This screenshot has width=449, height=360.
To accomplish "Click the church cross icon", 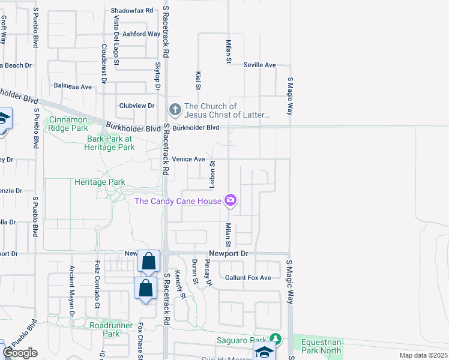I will [175, 109].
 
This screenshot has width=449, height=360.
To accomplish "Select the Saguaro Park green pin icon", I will [276, 340].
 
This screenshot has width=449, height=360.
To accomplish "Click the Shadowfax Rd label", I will [133, 11].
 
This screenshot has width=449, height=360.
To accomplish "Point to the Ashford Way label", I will [142, 34].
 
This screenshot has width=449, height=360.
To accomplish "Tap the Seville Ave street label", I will [259, 65].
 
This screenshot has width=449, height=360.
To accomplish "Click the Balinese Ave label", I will [73, 86].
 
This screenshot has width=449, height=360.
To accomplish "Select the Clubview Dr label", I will [137, 105].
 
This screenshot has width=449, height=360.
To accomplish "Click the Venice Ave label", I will [188, 159].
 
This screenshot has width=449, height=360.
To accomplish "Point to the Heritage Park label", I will [100, 182].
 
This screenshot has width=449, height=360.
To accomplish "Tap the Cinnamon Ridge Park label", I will [68, 124].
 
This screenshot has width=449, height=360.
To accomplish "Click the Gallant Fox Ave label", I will [248, 277].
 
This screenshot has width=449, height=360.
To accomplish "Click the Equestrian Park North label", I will [321, 346].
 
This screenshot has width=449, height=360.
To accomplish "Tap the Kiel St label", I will [198, 80].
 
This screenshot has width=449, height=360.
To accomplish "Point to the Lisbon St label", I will [212, 171].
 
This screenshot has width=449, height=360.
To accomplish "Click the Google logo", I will [19, 353].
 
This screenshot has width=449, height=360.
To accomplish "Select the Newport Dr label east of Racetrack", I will [228, 254].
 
